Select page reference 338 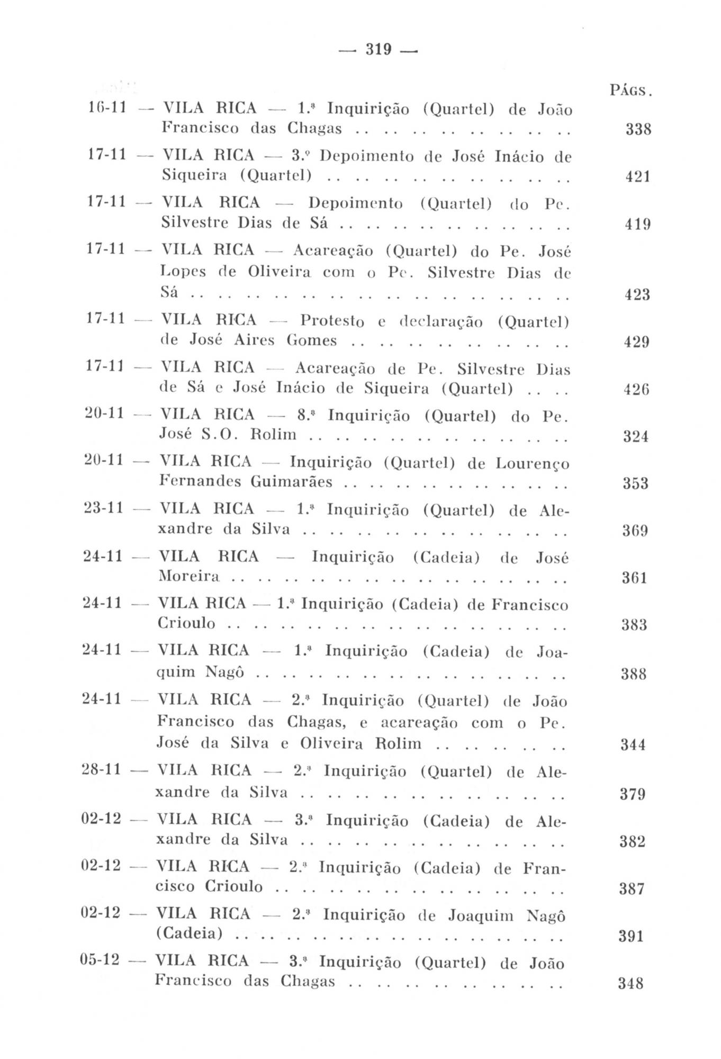(x=638, y=130)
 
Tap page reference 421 (x=637, y=177)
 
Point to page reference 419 (x=637, y=225)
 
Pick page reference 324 (x=636, y=437)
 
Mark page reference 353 (x=636, y=483)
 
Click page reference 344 (x=633, y=745)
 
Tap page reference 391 (x=632, y=937)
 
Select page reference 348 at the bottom (x=632, y=984)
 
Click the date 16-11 (x=105, y=109)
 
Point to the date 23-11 (x=104, y=508)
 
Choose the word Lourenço (x=533, y=464)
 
